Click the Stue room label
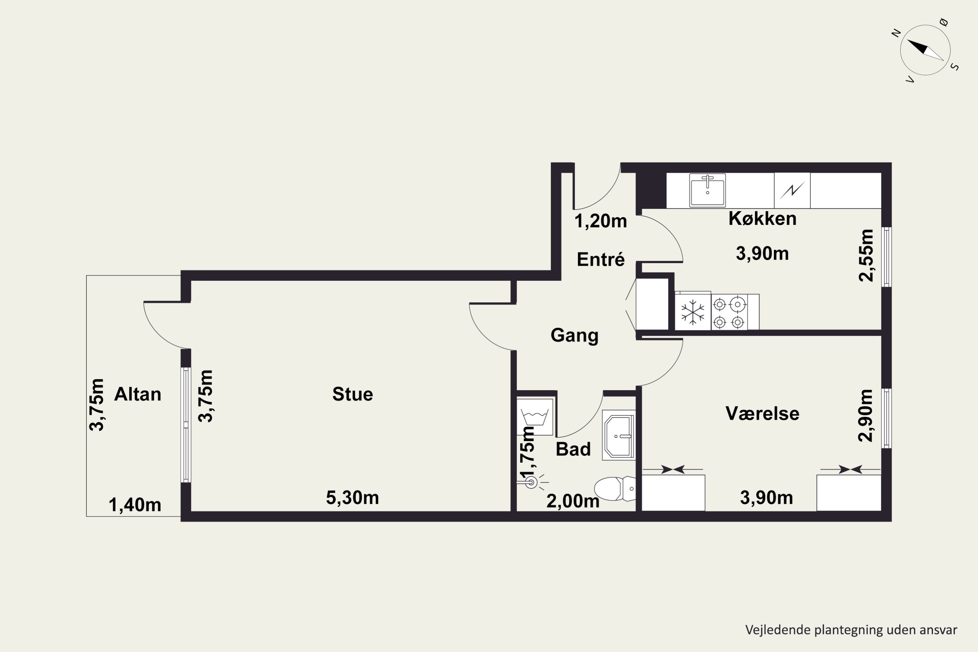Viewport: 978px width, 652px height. pyautogui.click(x=353, y=394)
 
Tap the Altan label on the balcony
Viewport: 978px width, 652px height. pyautogui.click(x=138, y=394)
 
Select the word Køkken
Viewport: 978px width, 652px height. pyautogui.click(x=763, y=219)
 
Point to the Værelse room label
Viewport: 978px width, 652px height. pyautogui.click(x=763, y=413)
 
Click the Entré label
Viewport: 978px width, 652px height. pyautogui.click(x=601, y=259)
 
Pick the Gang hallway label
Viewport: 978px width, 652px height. pyautogui.click(x=575, y=335)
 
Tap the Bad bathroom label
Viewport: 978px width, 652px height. pyautogui.click(x=573, y=449)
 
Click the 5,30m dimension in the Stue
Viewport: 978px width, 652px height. pyautogui.click(x=353, y=498)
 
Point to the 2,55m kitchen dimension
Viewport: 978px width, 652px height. pyautogui.click(x=867, y=255)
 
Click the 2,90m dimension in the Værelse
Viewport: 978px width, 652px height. pyautogui.click(x=866, y=415)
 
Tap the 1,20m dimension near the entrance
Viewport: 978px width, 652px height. pyautogui.click(x=601, y=221)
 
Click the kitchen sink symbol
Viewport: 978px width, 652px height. pyautogui.click(x=707, y=190)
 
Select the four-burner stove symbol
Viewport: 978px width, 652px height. pyautogui.click(x=729, y=312)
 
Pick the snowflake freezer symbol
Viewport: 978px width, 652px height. pyautogui.click(x=693, y=312)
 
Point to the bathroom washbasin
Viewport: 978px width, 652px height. pyautogui.click(x=619, y=435)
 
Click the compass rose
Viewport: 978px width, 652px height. pyautogui.click(x=925, y=50)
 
